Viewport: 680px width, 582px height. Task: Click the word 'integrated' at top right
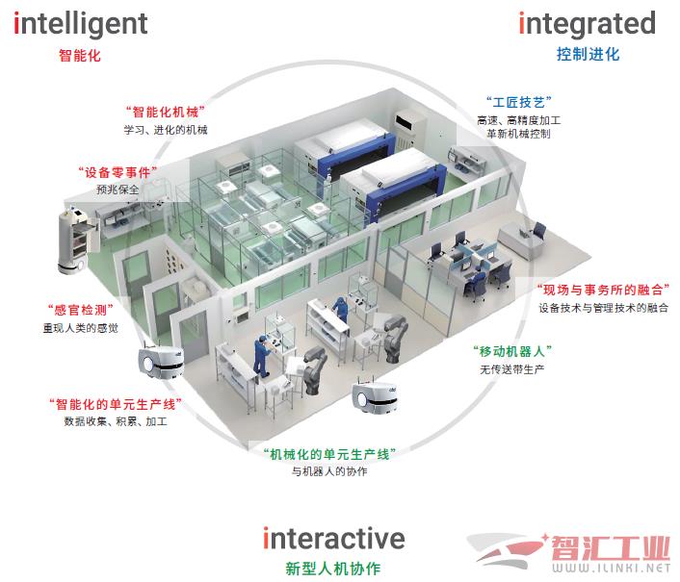pyautogui.click(x=587, y=23)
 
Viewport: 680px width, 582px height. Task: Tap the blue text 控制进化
pyautogui.click(x=588, y=54)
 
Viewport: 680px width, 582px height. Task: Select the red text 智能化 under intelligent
pyautogui.click(x=79, y=55)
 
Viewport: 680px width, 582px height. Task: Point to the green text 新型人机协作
pyautogui.click(x=334, y=568)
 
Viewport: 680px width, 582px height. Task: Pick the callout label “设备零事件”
pyautogui.click(x=118, y=171)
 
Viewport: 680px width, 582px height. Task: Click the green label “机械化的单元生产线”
pyautogui.click(x=328, y=452)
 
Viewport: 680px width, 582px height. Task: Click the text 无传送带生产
pyautogui.click(x=512, y=368)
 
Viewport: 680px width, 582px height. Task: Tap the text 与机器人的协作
pyautogui.click(x=328, y=471)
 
